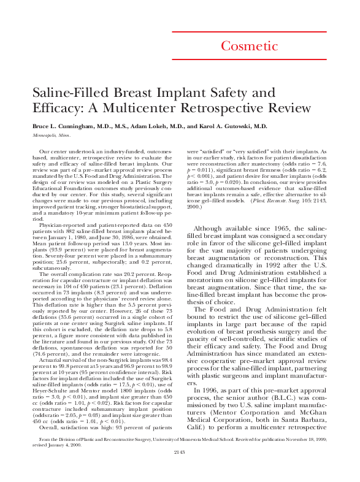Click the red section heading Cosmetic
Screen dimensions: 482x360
pyautogui.click(x=249, y=46)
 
